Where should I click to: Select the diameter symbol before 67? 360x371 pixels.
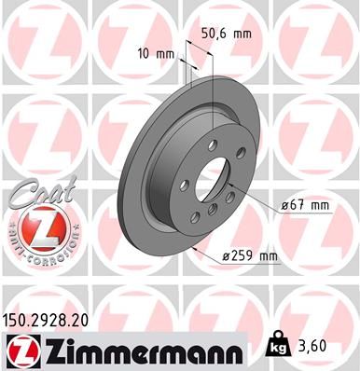click(280, 204)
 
